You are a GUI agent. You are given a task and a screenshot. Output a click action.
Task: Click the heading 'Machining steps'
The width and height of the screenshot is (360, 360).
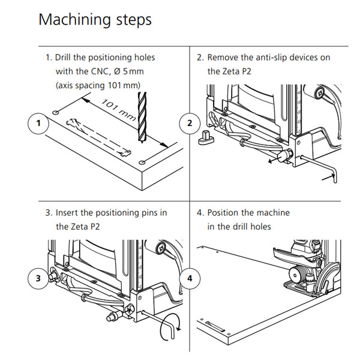click(95, 20)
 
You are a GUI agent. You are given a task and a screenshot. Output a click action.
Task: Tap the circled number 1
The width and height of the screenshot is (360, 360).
click(38, 124)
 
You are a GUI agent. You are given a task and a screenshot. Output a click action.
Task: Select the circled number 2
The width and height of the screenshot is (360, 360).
click(190, 124)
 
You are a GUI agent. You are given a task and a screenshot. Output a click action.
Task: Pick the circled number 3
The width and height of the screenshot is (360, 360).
click(38, 277)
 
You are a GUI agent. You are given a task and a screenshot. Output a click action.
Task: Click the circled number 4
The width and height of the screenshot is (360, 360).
click(190, 278)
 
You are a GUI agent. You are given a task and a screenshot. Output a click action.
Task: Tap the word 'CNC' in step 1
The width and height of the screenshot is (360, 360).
click(110, 71)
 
